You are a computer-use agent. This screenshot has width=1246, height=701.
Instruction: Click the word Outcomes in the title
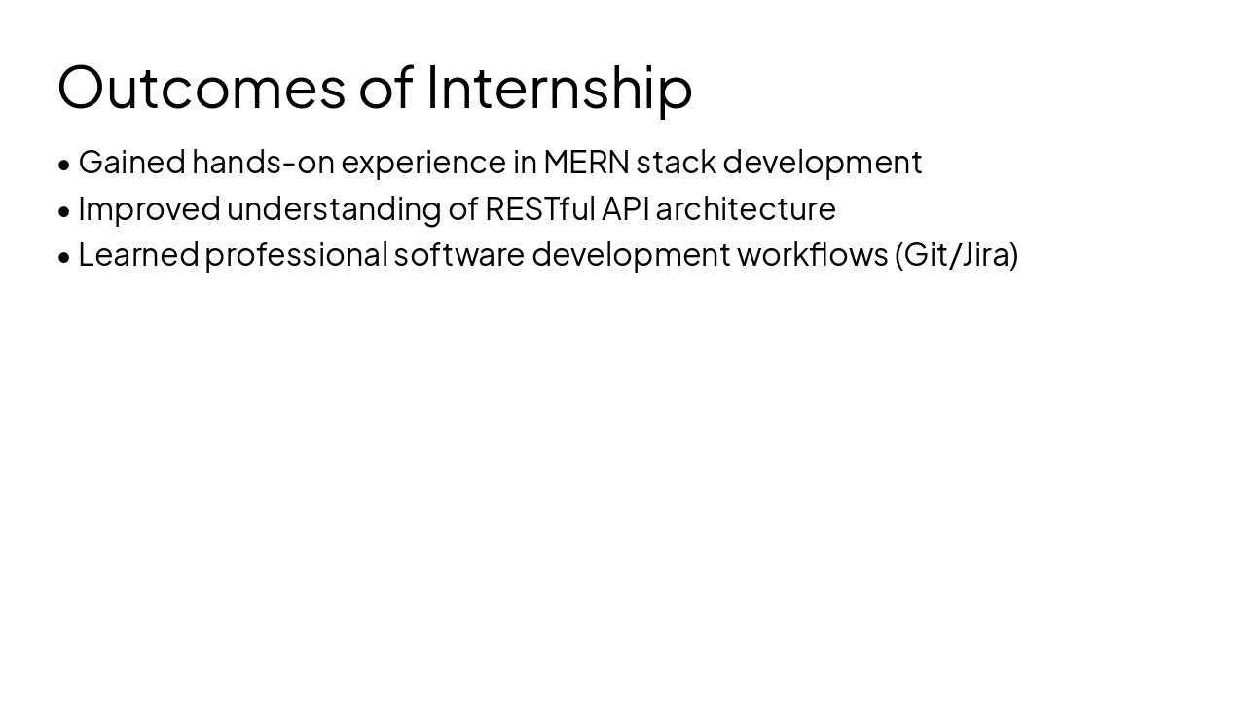(202, 87)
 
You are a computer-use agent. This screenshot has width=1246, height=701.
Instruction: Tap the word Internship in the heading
(560, 87)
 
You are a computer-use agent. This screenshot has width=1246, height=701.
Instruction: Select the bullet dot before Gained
(64, 165)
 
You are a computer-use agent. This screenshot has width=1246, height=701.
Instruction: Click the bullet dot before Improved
(64, 210)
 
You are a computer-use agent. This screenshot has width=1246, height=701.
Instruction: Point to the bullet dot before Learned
(64, 257)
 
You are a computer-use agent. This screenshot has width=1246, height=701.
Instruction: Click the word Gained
(131, 163)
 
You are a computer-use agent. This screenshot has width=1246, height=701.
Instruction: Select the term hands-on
(263, 163)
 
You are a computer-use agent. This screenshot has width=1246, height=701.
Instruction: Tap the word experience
(423, 163)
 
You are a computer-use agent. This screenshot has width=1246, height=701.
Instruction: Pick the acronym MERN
(587, 163)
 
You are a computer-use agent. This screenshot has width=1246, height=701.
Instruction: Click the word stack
(676, 163)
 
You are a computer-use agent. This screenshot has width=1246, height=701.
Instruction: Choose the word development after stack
(822, 163)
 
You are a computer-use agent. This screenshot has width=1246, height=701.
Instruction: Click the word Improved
(149, 208)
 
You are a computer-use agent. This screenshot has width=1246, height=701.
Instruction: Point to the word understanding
(334, 208)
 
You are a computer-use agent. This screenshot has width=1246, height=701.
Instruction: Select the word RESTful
(539, 208)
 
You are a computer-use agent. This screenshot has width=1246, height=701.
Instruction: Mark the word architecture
(746, 208)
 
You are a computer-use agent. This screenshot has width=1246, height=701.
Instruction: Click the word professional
(296, 255)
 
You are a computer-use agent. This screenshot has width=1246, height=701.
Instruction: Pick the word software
(459, 255)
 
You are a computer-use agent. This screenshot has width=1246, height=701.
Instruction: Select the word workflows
(812, 255)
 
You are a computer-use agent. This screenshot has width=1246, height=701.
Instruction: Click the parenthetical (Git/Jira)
(957, 255)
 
